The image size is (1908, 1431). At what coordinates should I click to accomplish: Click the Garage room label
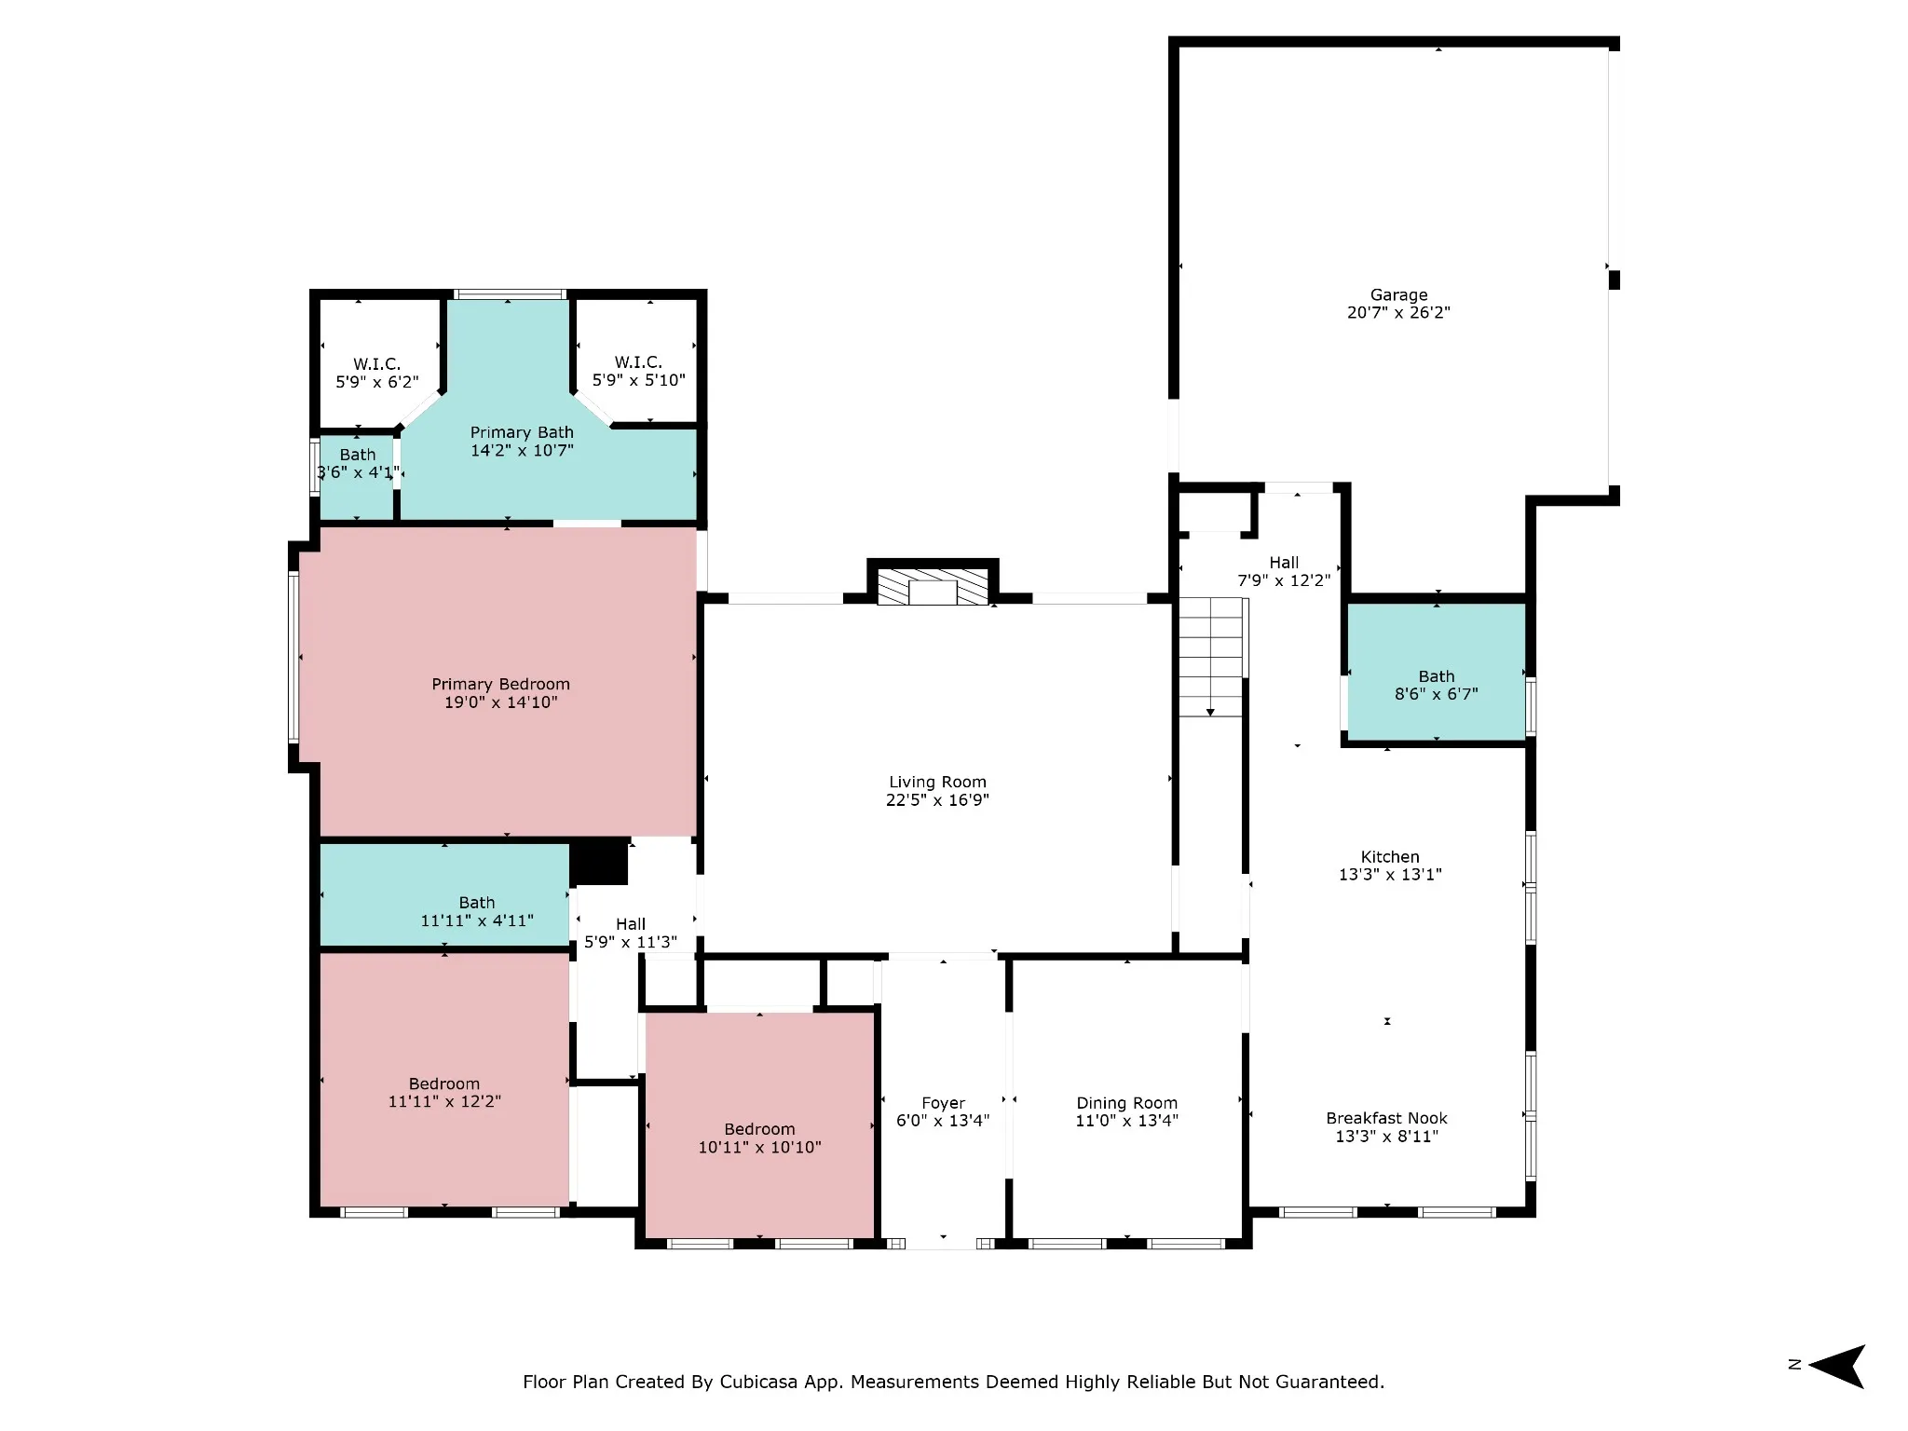click(x=1398, y=295)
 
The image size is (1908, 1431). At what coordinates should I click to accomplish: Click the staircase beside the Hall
click(x=1211, y=658)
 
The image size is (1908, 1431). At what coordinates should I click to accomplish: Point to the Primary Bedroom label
click(x=500, y=685)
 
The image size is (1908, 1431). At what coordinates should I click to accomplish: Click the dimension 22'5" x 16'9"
click(x=937, y=799)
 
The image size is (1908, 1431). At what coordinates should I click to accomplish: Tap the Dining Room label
click(x=1127, y=1103)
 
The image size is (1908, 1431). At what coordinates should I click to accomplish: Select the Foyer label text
click(x=943, y=1103)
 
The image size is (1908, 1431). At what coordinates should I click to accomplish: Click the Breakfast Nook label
click(x=1387, y=1118)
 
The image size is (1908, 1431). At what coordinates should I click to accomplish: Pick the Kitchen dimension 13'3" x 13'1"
click(x=1390, y=874)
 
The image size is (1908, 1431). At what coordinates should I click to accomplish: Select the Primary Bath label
click(x=522, y=432)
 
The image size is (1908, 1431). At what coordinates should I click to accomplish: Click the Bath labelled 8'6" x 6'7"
click(x=1437, y=685)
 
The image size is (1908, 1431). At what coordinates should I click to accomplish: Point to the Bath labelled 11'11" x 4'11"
click(x=477, y=911)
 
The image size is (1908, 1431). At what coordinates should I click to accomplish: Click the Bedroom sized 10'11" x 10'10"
click(x=760, y=1138)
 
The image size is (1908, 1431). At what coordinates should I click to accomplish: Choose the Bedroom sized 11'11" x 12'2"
click(x=444, y=1092)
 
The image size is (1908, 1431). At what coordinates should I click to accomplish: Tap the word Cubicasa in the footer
click(x=757, y=1382)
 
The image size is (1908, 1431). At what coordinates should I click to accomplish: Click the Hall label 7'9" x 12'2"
click(x=1284, y=571)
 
